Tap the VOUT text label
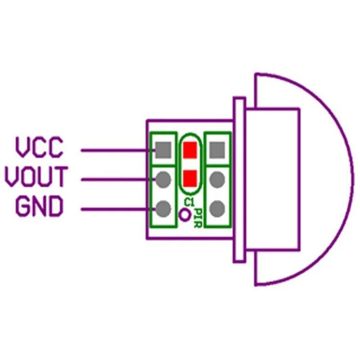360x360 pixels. [x=36, y=177]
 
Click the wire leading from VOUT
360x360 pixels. [x=117, y=180]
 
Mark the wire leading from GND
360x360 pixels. [x=117, y=209]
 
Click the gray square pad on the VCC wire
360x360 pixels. [x=163, y=149]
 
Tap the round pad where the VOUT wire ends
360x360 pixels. [x=163, y=180]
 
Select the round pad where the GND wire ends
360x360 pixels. [x=163, y=208]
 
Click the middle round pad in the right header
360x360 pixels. [x=217, y=180]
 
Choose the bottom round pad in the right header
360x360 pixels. [x=217, y=208]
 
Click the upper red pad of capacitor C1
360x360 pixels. [x=190, y=149]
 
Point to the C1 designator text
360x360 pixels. [x=189, y=202]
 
